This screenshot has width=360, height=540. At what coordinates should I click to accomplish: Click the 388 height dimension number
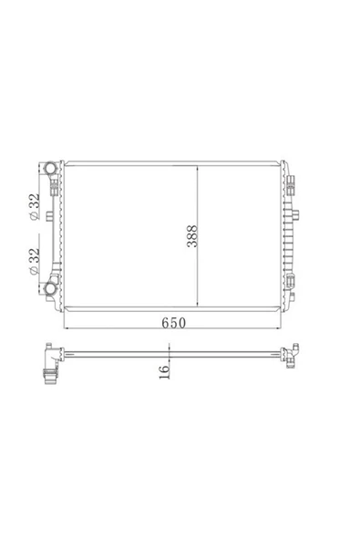(x=192, y=236)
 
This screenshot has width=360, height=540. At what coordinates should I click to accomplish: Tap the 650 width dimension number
(x=174, y=323)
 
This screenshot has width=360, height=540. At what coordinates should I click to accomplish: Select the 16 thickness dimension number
(x=165, y=371)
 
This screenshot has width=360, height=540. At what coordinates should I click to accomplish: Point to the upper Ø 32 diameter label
(x=35, y=207)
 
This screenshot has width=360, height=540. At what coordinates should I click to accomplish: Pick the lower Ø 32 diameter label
(x=35, y=261)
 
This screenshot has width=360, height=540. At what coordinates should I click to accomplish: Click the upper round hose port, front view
(x=51, y=169)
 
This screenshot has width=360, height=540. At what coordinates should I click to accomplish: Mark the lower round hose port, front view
(x=51, y=289)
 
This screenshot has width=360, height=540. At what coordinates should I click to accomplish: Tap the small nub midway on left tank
(x=49, y=216)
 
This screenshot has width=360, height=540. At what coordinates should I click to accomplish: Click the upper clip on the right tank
(x=290, y=184)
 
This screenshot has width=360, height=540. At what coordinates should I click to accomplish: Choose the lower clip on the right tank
(x=290, y=280)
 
